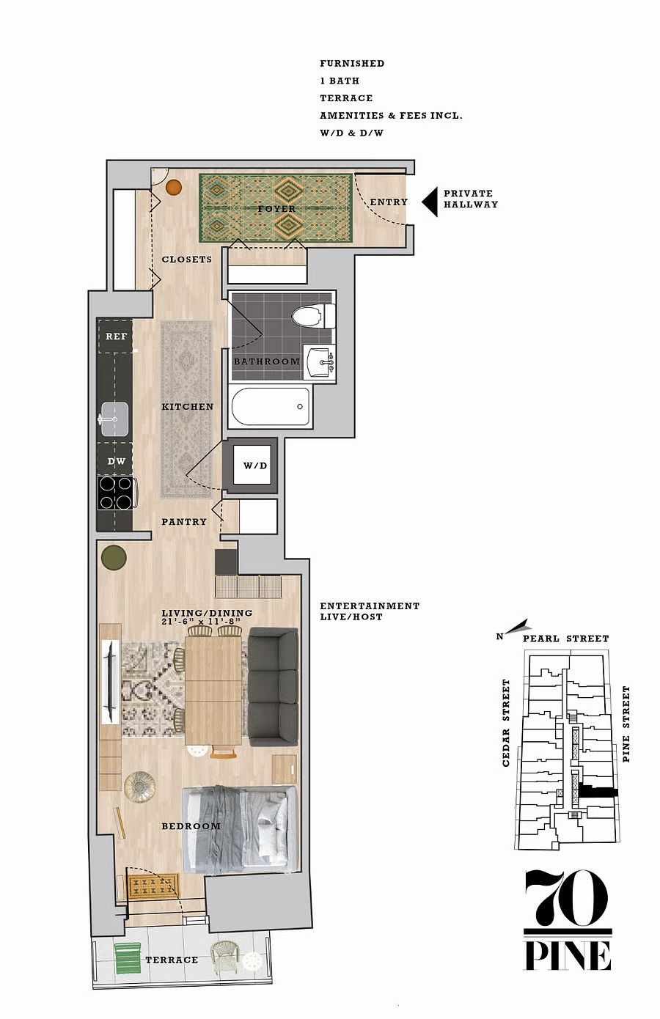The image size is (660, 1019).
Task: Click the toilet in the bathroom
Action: [314, 316]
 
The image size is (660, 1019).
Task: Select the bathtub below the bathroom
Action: [271, 406]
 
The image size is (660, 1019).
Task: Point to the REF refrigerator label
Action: [116, 336]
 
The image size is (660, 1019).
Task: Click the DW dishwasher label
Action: [116, 461]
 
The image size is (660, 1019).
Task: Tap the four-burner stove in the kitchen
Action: [116, 493]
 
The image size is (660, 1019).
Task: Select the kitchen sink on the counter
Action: [114, 419]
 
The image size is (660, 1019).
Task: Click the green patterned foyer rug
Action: [276, 208]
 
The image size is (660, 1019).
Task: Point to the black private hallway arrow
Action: [430, 202]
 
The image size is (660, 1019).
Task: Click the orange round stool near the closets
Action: [173, 188]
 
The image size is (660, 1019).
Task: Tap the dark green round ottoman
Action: [114, 558]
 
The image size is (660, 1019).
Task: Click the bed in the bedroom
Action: [240, 829]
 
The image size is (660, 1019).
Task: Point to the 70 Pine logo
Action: [568, 921]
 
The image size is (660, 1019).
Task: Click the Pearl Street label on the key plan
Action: [565, 639]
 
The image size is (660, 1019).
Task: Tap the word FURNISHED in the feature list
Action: [352, 64]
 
